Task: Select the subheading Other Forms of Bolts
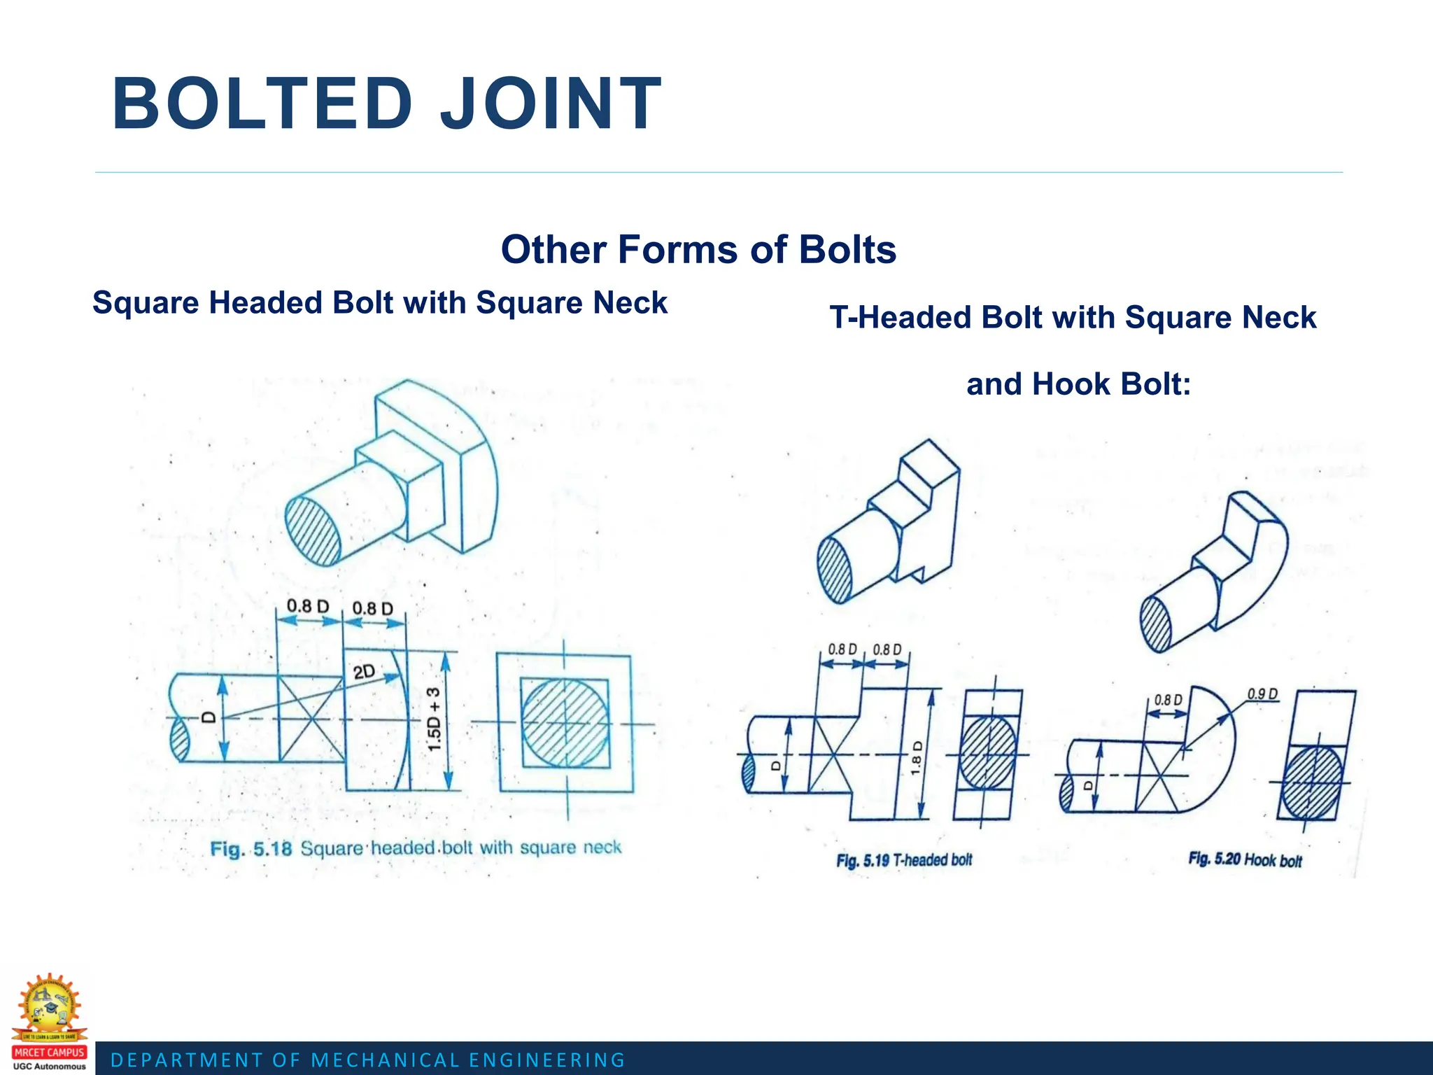[698, 250]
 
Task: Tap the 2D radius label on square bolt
[364, 672]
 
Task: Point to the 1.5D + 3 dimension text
[434, 719]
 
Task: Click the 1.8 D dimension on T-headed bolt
[917, 757]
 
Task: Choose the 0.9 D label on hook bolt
[1262, 694]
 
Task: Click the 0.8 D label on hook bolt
[1168, 700]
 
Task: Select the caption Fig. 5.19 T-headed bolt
[904, 859]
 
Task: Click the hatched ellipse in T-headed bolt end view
[987, 754]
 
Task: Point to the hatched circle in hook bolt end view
[1311, 782]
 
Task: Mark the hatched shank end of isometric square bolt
[313, 530]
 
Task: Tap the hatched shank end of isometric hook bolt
[1155, 624]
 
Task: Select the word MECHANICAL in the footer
[385, 1060]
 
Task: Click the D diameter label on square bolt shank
[208, 717]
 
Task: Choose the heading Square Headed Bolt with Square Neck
[380, 303]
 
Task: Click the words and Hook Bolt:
[1078, 384]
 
